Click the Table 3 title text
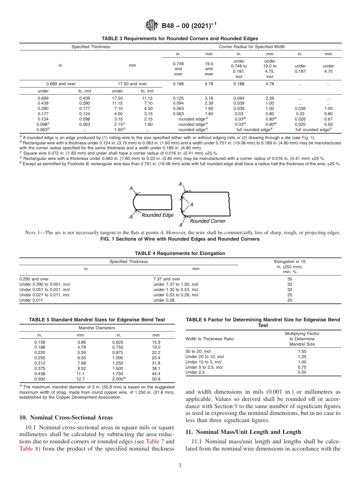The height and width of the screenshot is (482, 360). tap(180, 39)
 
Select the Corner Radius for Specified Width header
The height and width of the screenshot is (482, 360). tap(252, 47)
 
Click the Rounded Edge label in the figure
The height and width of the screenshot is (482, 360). tap(157, 215)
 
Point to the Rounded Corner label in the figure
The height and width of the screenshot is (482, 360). tap(207, 221)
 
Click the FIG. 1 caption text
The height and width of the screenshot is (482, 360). tap(180, 239)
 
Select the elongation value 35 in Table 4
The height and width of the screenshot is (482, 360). tap(290, 279)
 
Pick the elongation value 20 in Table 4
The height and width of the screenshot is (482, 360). tap(290, 300)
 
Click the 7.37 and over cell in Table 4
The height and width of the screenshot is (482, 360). tap(167, 279)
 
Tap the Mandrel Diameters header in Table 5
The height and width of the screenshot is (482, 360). tap(97, 328)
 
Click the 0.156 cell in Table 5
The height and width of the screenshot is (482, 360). tap(40, 342)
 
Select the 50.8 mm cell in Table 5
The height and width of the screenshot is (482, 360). tap(156, 379)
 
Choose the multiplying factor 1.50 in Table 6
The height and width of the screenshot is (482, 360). tap(302, 351)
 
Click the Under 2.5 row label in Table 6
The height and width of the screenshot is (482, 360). tap(196, 372)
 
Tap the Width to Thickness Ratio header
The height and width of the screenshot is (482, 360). tap(210, 339)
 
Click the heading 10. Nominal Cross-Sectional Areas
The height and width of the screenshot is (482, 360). tap(66, 418)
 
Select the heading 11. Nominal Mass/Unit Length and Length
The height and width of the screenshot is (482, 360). tap(243, 432)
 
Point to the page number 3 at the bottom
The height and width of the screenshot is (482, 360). tap(180, 466)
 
